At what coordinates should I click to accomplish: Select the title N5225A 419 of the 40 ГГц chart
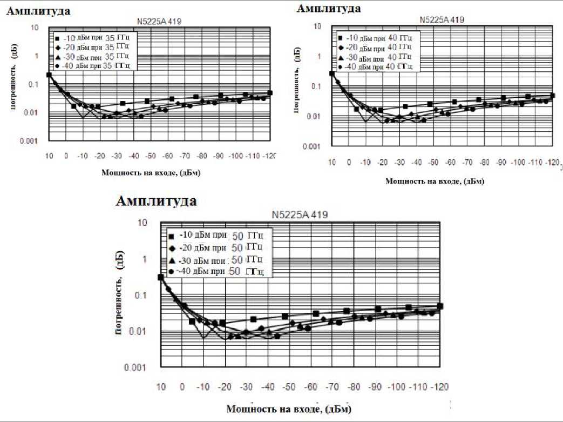pyautogui.click(x=442, y=20)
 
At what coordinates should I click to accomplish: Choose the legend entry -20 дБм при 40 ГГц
pyautogui.click(x=375, y=47)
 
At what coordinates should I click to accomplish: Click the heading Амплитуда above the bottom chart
pyautogui.click(x=156, y=201)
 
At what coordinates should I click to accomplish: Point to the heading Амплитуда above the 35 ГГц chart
pyautogui.click(x=38, y=11)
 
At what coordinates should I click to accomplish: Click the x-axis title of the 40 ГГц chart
pyautogui.click(x=435, y=182)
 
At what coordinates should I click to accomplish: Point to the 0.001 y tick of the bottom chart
pyautogui.click(x=138, y=368)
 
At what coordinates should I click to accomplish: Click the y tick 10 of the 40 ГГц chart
pyautogui.click(x=318, y=26)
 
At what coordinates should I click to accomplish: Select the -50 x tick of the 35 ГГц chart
pyautogui.click(x=151, y=156)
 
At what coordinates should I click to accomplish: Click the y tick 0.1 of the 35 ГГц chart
pyautogui.click(x=33, y=84)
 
